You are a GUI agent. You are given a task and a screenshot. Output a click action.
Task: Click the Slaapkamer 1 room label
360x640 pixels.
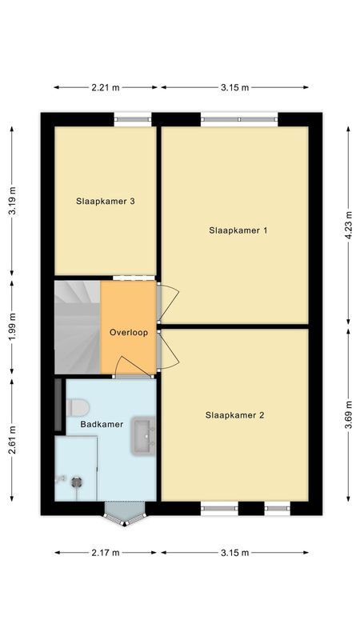pos(238,230)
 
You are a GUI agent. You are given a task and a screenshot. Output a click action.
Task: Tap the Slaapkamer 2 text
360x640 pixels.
pos(234,415)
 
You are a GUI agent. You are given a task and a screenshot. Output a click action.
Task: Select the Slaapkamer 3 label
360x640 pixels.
pos(105,202)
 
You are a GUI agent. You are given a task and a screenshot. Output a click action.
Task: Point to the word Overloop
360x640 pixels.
pos(128,333)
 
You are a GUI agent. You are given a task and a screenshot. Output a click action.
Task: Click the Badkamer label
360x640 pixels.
pos(102,424)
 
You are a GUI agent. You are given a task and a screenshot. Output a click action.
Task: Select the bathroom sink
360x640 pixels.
pos(145,434)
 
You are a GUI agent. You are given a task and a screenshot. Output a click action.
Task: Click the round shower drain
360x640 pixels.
pos(77,482)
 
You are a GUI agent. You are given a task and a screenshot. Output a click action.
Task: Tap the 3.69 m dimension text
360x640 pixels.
pos(348,414)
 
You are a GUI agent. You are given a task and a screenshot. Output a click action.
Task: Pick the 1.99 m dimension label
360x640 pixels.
pos(11,328)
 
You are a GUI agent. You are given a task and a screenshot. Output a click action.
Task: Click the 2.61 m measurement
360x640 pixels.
pos(11,439)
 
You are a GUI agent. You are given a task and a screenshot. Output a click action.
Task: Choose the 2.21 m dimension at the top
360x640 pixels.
pos(105,87)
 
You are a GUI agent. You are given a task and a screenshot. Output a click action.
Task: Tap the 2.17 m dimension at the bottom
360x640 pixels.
pos(105,553)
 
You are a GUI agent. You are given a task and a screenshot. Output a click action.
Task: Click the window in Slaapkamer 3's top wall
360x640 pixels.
pos(132,120)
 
